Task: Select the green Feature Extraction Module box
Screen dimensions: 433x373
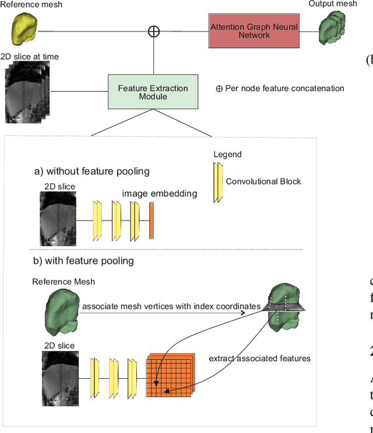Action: pyautogui.click(x=153, y=92)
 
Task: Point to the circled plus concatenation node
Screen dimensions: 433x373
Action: pyautogui.click(x=153, y=31)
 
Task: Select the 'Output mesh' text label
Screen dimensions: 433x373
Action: pyautogui.click(x=333, y=4)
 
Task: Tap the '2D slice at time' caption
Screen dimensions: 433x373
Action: pyautogui.click(x=31, y=57)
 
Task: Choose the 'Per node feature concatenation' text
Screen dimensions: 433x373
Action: pyautogui.click(x=280, y=89)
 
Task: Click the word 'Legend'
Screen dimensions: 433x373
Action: pyautogui.click(x=227, y=155)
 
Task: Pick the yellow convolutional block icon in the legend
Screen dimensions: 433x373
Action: pyautogui.click(x=218, y=181)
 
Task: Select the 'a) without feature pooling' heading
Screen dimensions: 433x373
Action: pyautogui.click(x=92, y=171)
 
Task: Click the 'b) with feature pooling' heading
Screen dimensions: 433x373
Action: pyautogui.click(x=84, y=261)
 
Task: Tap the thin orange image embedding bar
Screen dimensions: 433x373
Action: pyautogui.click(x=152, y=221)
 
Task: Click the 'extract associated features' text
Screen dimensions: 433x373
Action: pyautogui.click(x=259, y=358)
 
